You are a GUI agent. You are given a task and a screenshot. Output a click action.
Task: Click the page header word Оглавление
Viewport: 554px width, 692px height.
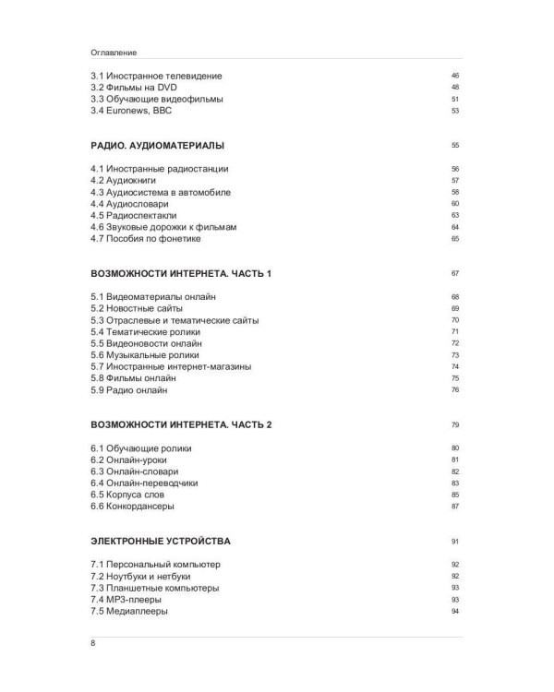(x=114, y=53)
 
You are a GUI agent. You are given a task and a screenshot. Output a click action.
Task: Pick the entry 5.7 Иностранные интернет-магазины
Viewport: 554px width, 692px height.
(x=171, y=366)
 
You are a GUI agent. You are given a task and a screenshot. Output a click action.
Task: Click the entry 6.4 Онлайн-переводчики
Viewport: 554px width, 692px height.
(x=143, y=483)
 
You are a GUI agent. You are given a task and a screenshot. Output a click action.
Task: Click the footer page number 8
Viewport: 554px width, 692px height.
(x=93, y=647)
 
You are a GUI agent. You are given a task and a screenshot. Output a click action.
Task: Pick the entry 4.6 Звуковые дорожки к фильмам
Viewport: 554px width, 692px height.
(x=158, y=227)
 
